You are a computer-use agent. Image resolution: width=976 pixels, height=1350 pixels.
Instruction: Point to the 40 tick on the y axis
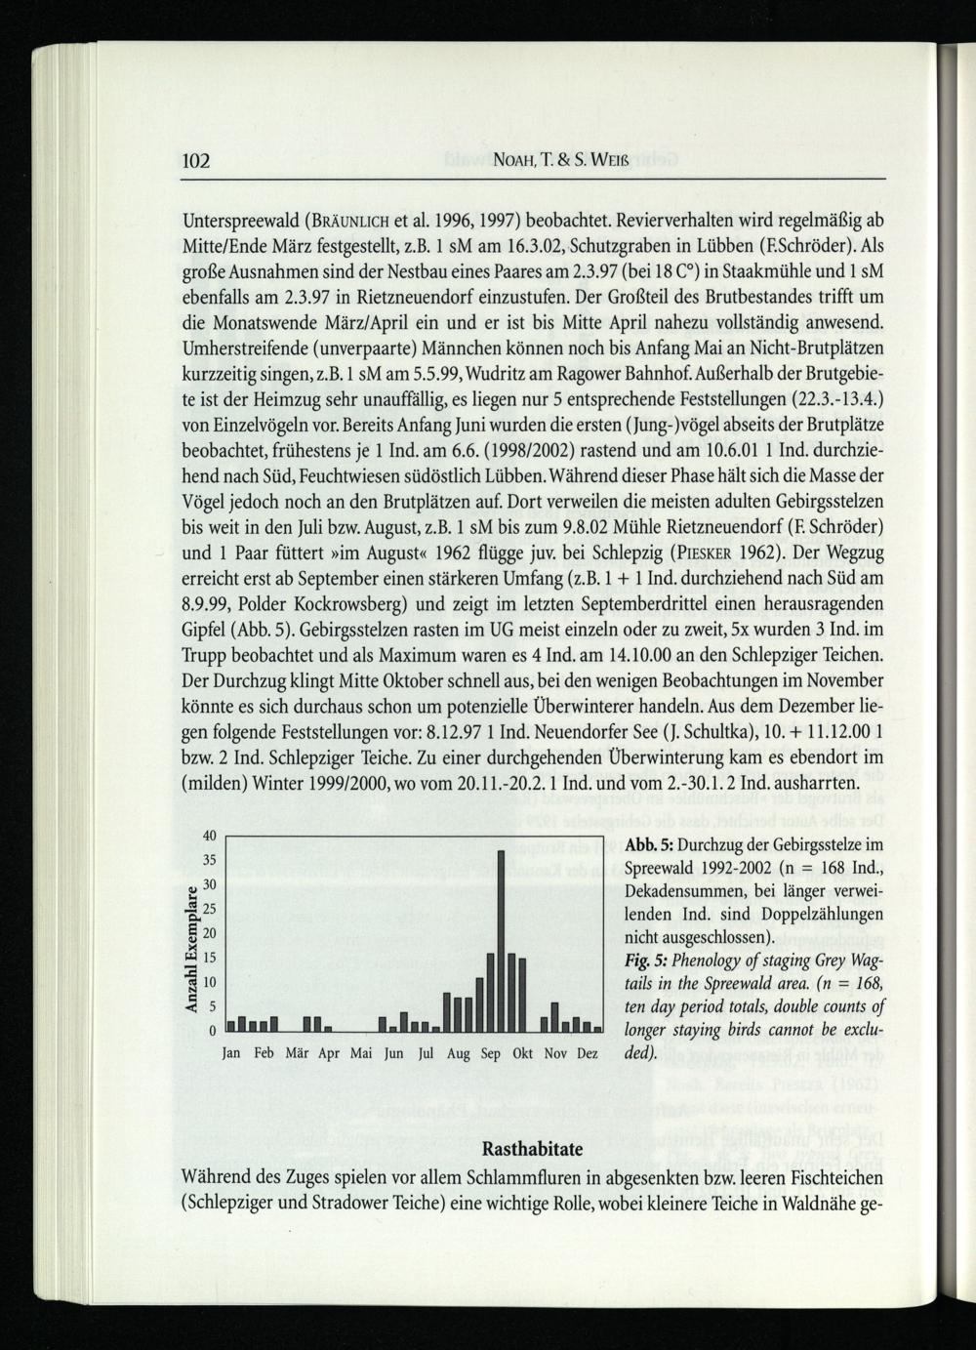click(x=208, y=837)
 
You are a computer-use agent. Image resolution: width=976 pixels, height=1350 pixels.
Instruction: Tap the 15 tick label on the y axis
click(x=208, y=982)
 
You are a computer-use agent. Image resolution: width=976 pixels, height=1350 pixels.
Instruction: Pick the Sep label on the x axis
click(x=490, y=1054)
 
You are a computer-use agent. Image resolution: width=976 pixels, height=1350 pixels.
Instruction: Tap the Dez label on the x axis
click(x=588, y=1054)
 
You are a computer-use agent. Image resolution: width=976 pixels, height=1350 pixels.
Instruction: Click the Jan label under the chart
click(x=232, y=1054)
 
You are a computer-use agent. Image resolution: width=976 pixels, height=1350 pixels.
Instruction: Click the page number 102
click(x=197, y=160)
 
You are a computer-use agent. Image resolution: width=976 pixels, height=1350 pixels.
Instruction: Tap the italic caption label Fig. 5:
click(x=645, y=961)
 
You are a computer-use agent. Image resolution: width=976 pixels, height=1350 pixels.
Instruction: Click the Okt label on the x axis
click(x=522, y=1054)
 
